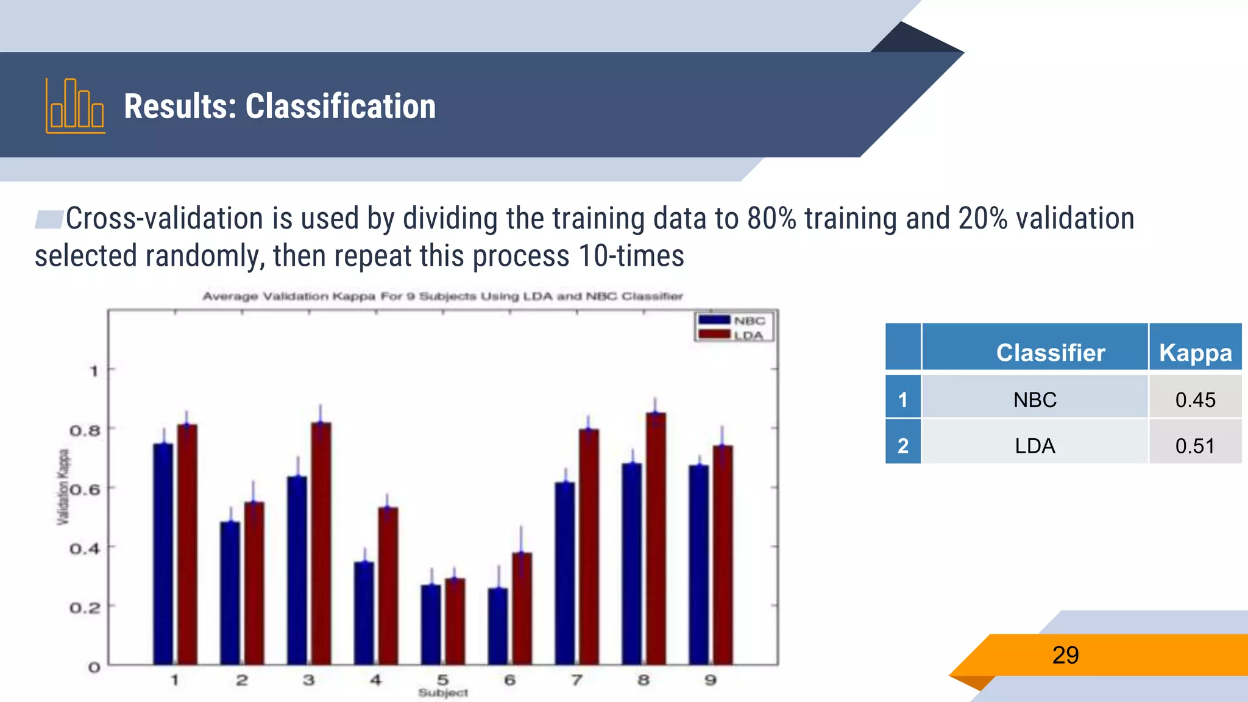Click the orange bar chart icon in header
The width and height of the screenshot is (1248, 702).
(x=75, y=106)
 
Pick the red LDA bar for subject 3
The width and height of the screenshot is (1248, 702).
(x=321, y=542)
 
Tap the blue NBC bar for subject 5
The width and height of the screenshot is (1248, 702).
(x=431, y=624)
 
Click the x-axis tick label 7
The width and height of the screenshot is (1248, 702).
(x=576, y=680)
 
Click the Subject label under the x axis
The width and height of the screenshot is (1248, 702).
(x=443, y=693)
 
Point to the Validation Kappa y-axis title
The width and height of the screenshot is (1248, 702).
(x=63, y=487)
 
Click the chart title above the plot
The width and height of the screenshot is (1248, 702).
(x=442, y=296)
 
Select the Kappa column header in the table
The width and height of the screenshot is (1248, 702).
(x=1195, y=352)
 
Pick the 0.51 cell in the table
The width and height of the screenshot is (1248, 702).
(x=1195, y=445)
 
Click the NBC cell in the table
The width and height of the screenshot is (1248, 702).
(x=1035, y=400)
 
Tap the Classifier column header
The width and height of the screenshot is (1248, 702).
(x=1050, y=352)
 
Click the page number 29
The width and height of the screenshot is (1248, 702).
(x=1065, y=655)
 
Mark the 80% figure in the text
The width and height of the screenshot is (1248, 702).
(x=771, y=219)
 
